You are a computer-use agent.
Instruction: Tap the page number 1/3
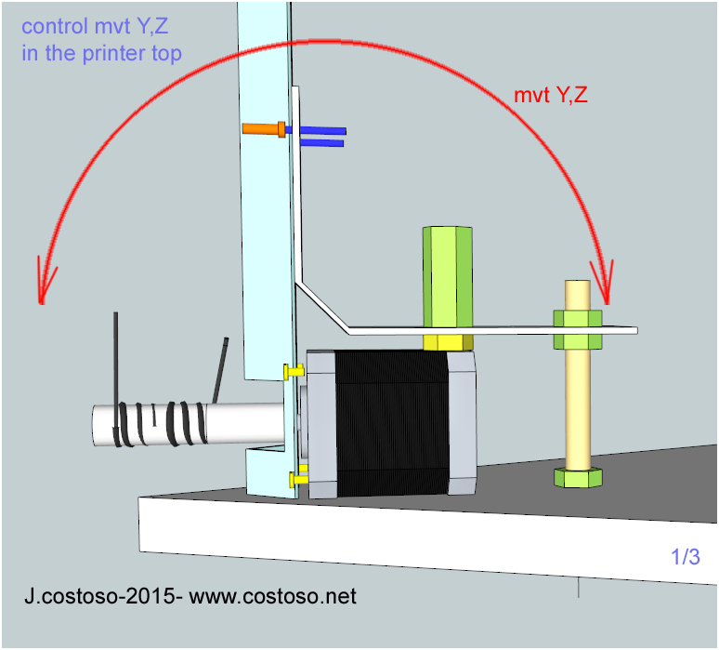(686, 558)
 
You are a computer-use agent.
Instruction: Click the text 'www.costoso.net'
(272, 596)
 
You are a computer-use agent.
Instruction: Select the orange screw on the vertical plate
(262, 129)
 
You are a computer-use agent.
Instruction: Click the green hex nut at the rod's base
(578, 477)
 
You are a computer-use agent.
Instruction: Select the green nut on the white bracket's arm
(578, 329)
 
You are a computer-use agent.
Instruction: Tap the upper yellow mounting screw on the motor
(294, 371)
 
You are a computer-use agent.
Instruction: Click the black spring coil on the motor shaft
(158, 423)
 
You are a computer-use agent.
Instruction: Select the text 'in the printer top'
(101, 53)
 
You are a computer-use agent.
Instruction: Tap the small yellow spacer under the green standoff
(448, 342)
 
